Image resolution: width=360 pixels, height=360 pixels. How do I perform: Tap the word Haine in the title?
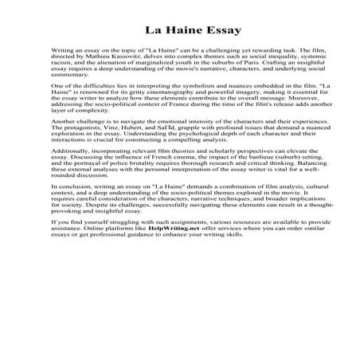pyautogui.click(x=170, y=31)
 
